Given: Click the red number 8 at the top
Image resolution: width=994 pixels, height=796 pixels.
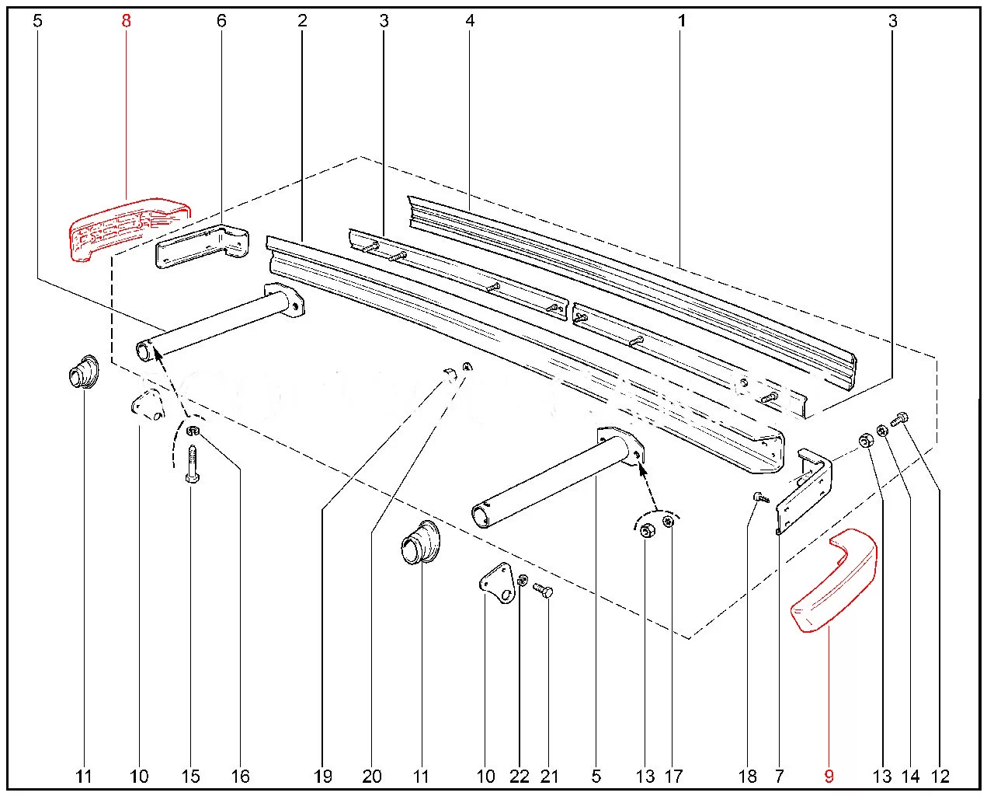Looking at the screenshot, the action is (126, 20).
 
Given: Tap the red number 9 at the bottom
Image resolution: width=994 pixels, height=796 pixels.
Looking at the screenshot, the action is (829, 776).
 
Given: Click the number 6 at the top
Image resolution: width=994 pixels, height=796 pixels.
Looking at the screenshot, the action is (222, 20).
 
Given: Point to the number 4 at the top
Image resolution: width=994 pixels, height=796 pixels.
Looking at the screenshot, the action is (470, 20).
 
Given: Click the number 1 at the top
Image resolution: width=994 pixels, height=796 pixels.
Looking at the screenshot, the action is (682, 20).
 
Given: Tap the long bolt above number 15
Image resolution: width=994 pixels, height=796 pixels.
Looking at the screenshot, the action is (192, 464).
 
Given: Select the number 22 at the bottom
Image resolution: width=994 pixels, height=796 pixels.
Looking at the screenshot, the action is (520, 776).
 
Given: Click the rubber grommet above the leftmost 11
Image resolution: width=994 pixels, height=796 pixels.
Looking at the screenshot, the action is (83, 372).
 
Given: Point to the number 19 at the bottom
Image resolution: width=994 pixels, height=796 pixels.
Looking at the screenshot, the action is (323, 776).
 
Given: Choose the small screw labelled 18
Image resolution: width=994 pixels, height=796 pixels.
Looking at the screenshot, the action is (762, 497).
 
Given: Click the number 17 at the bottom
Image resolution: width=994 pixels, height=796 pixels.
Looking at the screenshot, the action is (673, 776).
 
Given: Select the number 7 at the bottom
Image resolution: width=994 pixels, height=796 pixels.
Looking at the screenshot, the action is (779, 776).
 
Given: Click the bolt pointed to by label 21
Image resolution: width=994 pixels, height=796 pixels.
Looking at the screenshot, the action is (543, 591).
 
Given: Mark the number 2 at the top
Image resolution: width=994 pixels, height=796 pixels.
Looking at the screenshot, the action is (303, 20).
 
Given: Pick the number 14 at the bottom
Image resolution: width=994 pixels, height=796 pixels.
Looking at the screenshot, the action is (910, 776).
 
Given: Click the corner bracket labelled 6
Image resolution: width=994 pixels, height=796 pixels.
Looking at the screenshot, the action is (203, 246).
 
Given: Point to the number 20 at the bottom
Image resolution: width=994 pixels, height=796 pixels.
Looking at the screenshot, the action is (372, 776).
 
